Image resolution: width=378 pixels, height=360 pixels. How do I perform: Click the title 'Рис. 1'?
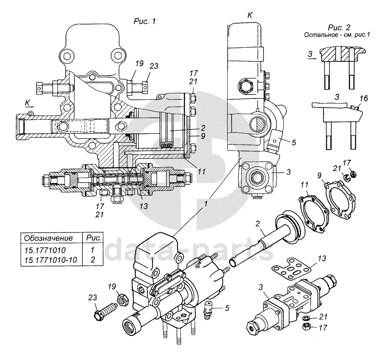(145, 21)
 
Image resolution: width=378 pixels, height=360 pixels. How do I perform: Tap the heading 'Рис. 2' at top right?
(339, 27)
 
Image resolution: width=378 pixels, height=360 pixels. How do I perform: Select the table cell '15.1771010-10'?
(51, 260)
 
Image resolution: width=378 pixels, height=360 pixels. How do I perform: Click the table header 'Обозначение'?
(48, 238)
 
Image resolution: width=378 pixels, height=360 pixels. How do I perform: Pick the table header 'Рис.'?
(94, 238)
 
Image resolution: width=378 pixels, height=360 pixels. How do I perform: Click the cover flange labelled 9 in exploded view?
(340, 201)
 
